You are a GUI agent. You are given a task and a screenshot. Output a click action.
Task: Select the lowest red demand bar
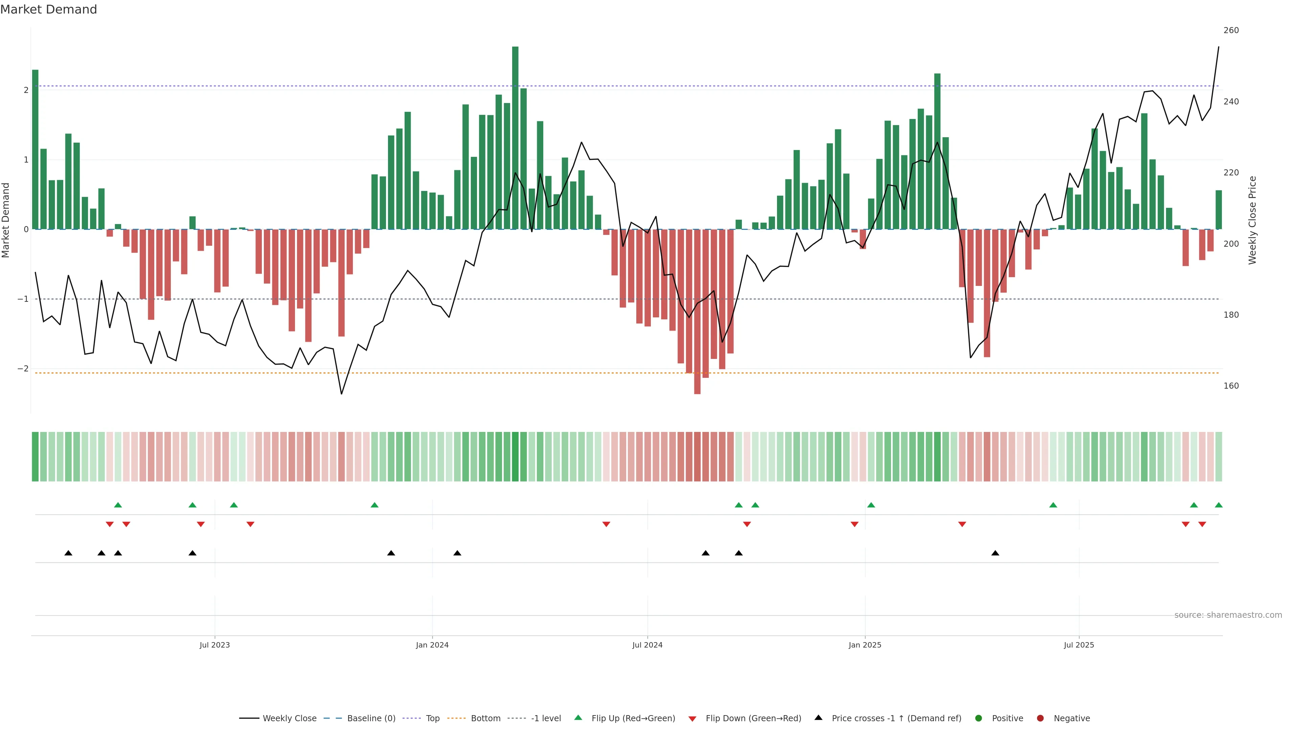(x=697, y=312)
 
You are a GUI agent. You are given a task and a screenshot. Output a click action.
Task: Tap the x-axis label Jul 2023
(x=214, y=645)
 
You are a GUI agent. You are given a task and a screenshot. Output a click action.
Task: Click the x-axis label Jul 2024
(x=647, y=645)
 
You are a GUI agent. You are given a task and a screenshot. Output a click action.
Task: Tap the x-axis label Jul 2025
(x=1079, y=645)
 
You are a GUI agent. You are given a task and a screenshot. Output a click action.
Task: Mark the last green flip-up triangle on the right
(x=1218, y=505)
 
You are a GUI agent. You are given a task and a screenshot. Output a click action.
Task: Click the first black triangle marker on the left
(x=69, y=553)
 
